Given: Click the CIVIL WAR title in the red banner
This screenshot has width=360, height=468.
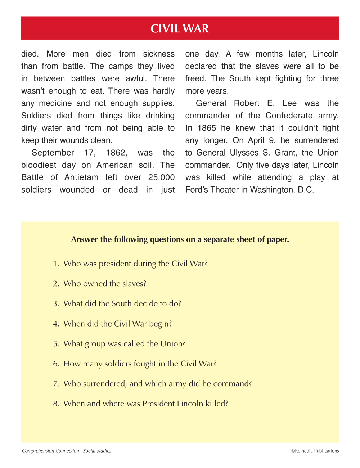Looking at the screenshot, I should [180, 28].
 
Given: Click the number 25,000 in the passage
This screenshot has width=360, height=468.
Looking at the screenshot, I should [161, 177].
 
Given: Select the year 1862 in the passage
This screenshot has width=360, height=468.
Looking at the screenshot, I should [116, 153].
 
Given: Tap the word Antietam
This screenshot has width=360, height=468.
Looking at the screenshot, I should [81, 177].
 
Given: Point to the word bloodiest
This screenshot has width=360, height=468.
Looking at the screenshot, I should [39, 165].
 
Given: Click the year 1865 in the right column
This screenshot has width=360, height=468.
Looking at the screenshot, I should [207, 128].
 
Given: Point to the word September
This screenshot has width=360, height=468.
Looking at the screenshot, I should [53, 153].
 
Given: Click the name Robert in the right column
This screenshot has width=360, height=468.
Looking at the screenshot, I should [247, 103].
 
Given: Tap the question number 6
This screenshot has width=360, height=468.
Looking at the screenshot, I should [56, 364].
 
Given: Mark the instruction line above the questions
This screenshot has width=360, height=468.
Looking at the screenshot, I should [180, 239].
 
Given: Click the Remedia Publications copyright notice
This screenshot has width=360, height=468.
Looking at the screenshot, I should [315, 451].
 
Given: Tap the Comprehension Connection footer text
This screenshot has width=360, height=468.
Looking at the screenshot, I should [67, 451].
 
